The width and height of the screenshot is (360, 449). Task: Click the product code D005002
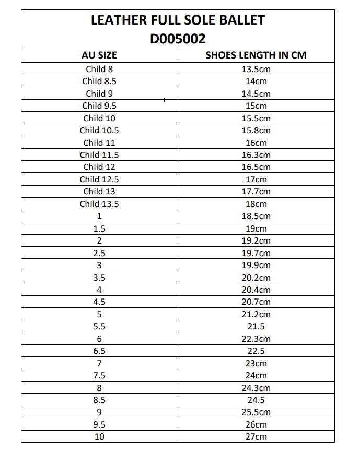click(178, 38)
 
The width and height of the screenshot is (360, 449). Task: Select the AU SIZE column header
click(99, 55)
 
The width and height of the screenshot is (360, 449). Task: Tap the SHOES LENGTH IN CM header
click(256, 55)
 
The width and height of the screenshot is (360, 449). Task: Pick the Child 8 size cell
click(99, 69)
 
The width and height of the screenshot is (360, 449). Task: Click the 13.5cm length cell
click(256, 69)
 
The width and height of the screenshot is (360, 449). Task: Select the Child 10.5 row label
click(99, 130)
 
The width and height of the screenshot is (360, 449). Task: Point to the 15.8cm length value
click(256, 130)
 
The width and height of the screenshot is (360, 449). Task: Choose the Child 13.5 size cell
click(99, 204)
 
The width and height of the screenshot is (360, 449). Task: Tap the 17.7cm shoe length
click(256, 191)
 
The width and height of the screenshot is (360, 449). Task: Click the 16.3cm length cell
click(256, 155)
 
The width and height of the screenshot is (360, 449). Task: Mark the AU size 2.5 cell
click(99, 253)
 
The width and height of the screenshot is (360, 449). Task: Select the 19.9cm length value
click(256, 265)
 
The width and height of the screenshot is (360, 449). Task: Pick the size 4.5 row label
click(99, 302)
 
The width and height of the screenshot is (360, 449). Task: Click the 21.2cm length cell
click(256, 314)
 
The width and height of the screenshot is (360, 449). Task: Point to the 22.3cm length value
click(256, 339)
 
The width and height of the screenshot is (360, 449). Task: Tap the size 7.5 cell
click(99, 375)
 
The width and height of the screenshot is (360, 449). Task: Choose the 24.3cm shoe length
click(256, 388)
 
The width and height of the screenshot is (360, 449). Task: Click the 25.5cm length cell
click(256, 412)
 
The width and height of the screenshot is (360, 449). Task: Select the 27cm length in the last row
click(256, 436)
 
